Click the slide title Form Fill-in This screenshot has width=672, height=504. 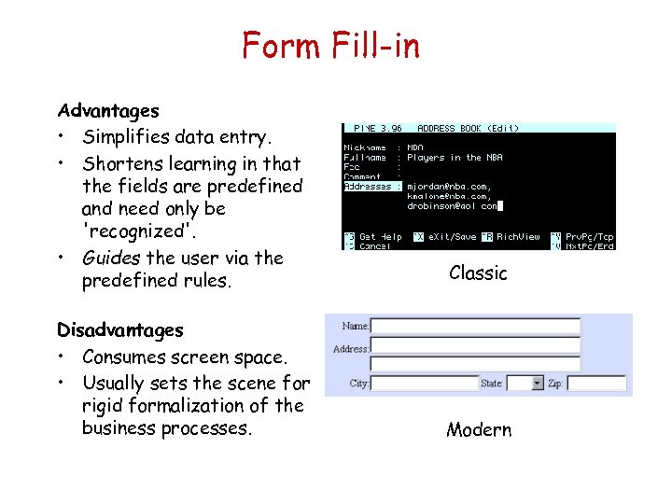pos(331,45)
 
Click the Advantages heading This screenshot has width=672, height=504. pos(108,111)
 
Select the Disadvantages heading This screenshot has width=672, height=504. pos(120,329)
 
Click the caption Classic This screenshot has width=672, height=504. pos(478,273)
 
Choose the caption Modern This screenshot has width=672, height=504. pos(479,430)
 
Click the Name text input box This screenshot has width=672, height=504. pos(476,327)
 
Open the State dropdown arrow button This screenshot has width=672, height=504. pos(537,384)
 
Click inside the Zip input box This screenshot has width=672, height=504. pos(595,384)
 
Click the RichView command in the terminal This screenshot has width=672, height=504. pos(518,237)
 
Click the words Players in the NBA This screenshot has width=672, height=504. pos(455,158)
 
